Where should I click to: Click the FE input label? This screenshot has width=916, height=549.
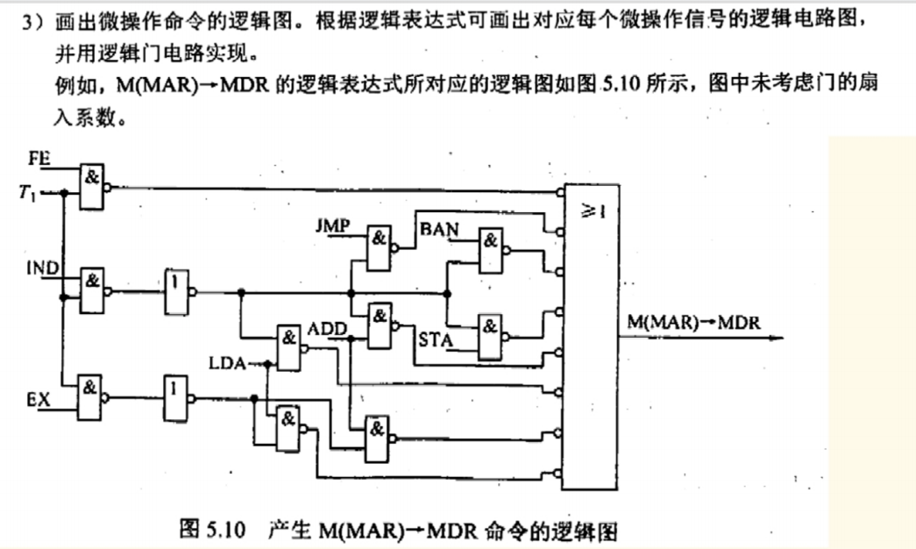tap(39, 160)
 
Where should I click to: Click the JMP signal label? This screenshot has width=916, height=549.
tap(332, 226)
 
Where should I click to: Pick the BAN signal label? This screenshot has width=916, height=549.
tap(439, 229)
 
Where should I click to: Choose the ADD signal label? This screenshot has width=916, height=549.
tap(326, 329)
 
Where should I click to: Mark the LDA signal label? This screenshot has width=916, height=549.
tap(227, 360)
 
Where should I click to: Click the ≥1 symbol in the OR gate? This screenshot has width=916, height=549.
tap(596, 212)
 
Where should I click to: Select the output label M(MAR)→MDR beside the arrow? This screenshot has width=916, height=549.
tap(692, 322)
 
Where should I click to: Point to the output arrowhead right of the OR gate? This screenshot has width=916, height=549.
tap(776, 342)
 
